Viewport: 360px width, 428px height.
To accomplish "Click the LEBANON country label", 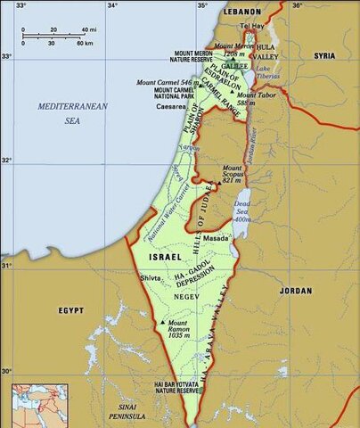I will [242, 11].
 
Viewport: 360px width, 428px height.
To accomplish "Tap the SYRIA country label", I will [324, 55].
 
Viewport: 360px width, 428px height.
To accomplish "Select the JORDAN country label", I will [295, 291].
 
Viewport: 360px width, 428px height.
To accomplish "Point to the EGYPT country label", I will [71, 310].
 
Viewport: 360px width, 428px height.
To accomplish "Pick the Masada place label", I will [217, 239].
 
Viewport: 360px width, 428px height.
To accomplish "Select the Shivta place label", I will [151, 278].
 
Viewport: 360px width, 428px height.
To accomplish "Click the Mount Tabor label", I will [254, 98].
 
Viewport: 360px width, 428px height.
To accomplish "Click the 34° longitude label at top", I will [112, 6].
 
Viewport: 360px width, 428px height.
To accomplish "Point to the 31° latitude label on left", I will [6, 266].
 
